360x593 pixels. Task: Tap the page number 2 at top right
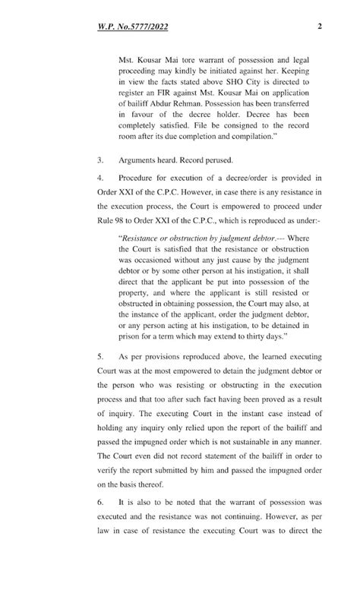(x=321, y=27)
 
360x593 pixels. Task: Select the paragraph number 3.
(x=100, y=162)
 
